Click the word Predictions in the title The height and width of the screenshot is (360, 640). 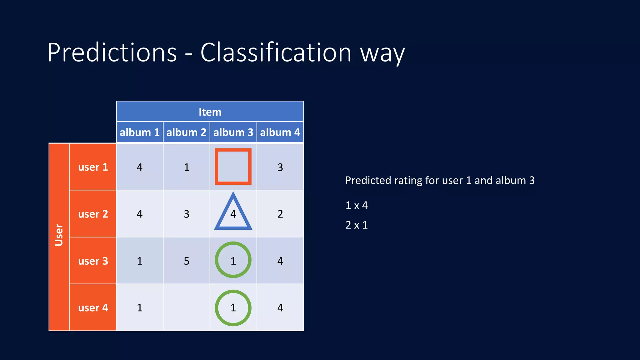coord(112,52)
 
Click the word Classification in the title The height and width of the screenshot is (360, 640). coord(276,52)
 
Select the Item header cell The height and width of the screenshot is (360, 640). coord(210,112)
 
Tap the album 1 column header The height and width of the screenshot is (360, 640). coord(139,132)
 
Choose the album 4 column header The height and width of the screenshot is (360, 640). coord(280,132)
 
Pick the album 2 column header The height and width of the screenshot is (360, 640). coord(186,132)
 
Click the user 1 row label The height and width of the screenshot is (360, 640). coord(93,167)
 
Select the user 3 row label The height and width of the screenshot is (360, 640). coord(93,261)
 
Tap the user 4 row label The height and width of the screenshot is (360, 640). coord(93,307)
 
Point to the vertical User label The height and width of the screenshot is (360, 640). coord(59,235)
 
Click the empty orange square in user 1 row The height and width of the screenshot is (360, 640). coord(233,167)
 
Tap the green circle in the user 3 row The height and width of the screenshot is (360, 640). coord(233,260)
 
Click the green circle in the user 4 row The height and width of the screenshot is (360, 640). coord(233,308)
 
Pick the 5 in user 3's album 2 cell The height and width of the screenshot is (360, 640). coord(186,261)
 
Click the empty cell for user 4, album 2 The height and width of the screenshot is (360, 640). coord(186,307)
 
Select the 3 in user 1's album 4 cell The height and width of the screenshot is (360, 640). coord(280,167)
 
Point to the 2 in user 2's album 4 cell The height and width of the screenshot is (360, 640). coord(280,214)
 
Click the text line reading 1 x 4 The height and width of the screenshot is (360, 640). coord(357,205)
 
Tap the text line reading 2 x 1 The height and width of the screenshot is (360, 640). coord(357,225)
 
